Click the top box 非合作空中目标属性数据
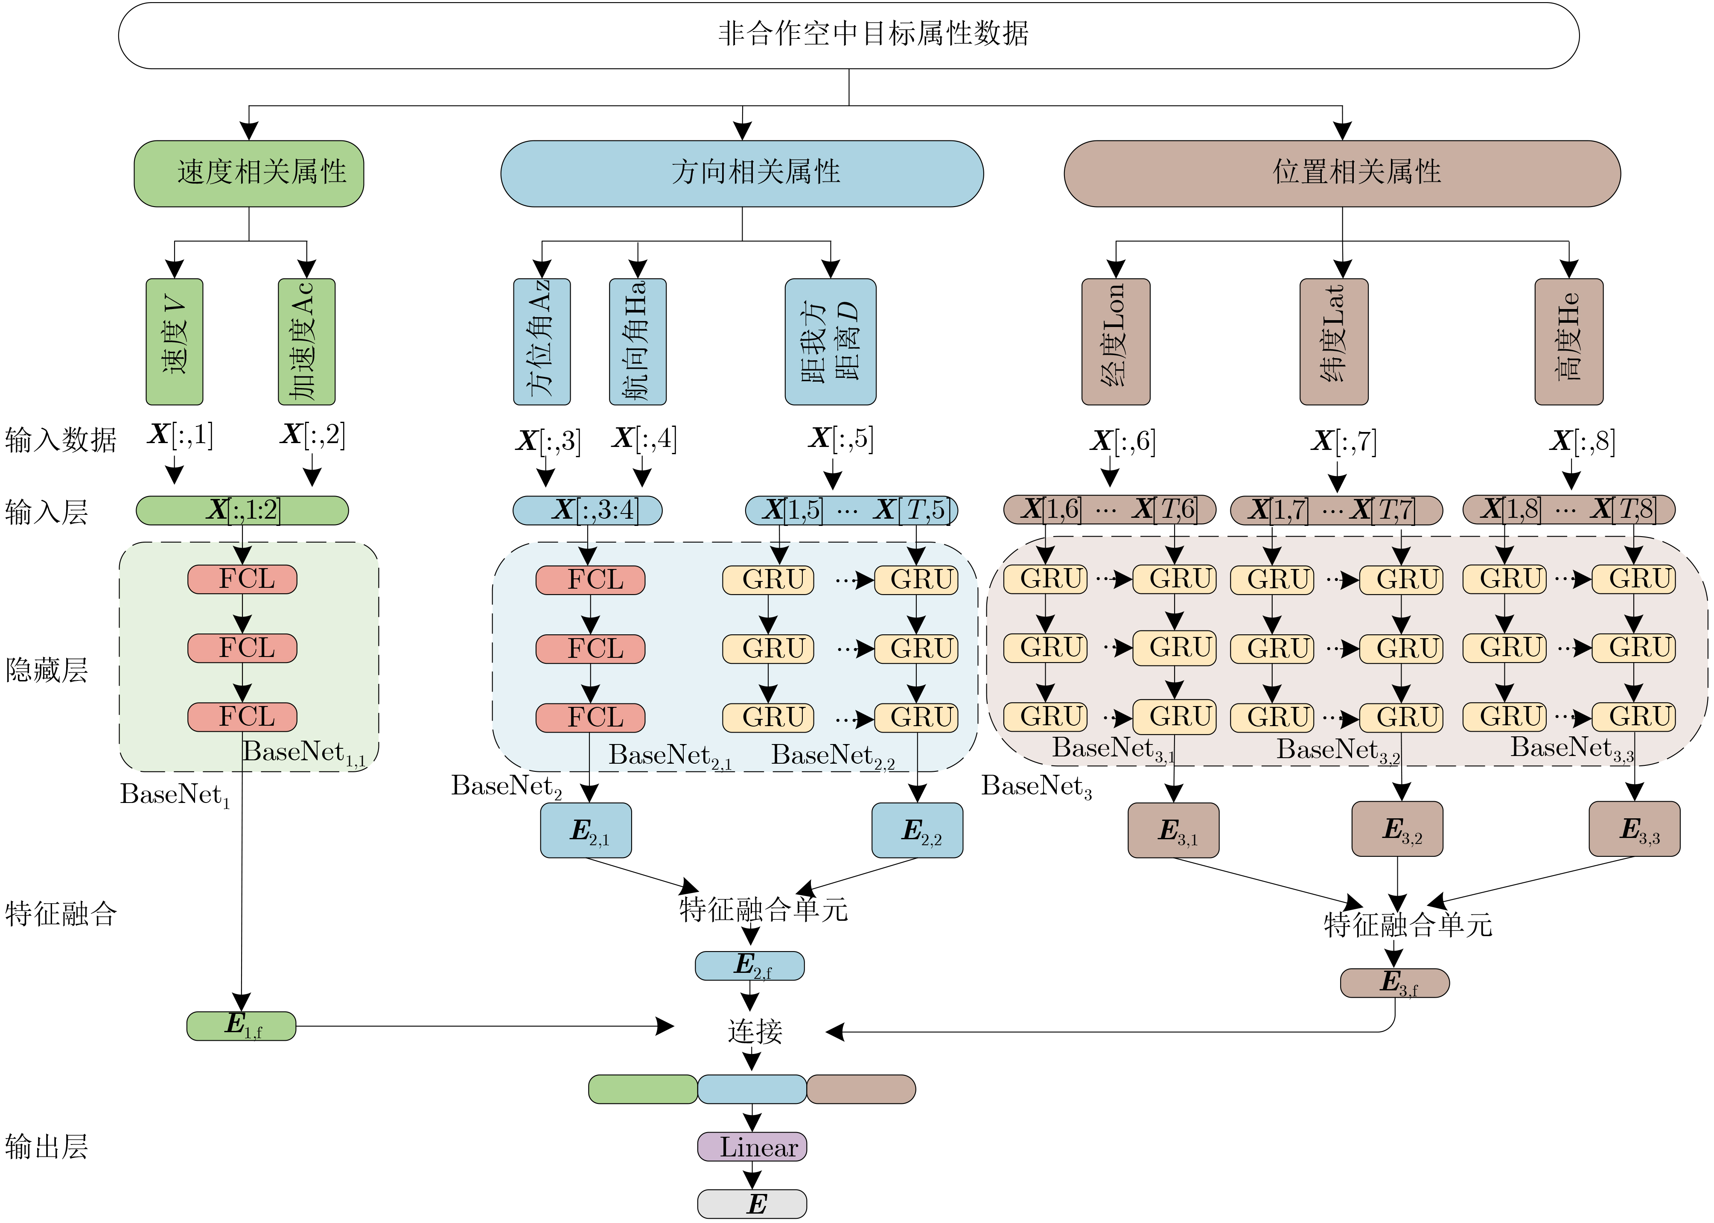pyautogui.click(x=848, y=35)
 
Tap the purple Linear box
pyautogui.click(x=752, y=1147)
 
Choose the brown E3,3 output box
pyautogui.click(x=1634, y=829)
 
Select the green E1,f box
pyautogui.click(x=241, y=1026)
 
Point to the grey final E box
pyautogui.click(x=752, y=1203)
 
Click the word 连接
pyautogui.click(x=755, y=1031)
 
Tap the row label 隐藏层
pyautogui.click(x=47, y=669)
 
